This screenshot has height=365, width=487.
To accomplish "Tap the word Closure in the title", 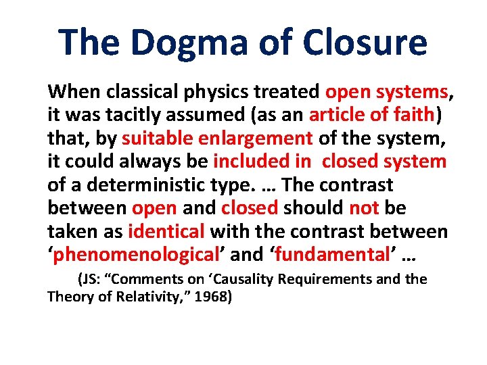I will coord(365,42).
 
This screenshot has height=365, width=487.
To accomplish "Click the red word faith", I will coord(413,115).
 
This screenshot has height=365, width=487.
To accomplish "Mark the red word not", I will coord(363,208).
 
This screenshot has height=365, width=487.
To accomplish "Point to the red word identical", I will coord(166,232).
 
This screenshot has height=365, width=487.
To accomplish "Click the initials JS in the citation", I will coord(90,279).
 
